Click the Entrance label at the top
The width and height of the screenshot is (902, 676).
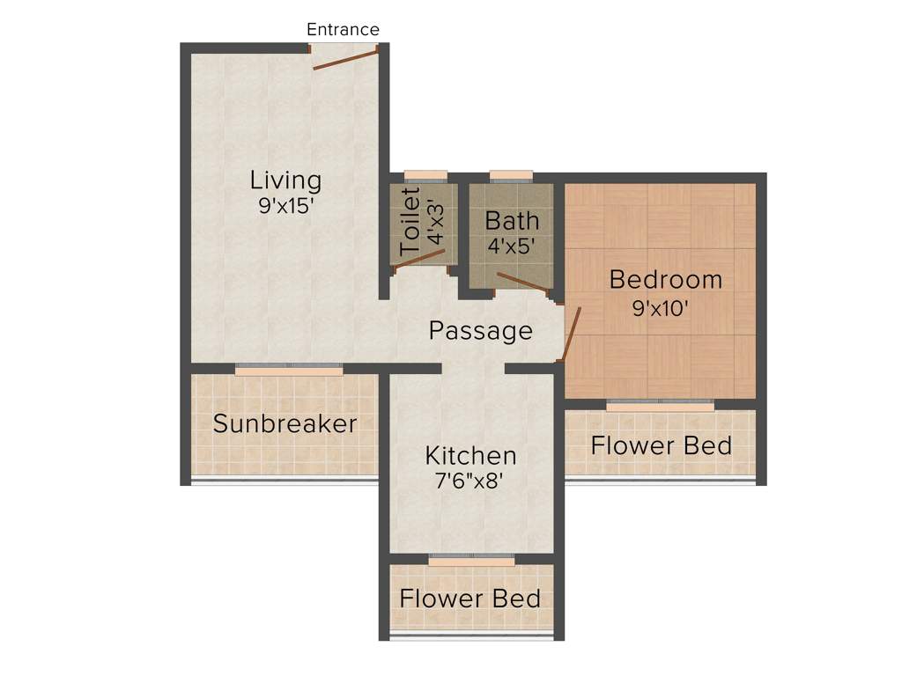[x=343, y=29]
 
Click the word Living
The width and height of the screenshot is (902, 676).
[x=285, y=180]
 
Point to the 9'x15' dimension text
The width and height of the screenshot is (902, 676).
[x=285, y=208]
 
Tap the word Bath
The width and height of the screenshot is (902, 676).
[x=512, y=219]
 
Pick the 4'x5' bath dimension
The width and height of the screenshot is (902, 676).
[x=512, y=245]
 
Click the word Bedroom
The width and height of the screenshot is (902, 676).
[x=665, y=280]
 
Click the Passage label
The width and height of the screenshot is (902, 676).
[x=480, y=331]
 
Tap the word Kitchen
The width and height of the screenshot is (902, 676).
[x=470, y=456]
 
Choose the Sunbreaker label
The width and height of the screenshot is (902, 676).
[x=285, y=423]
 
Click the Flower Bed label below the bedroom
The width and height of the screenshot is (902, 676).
[x=661, y=445]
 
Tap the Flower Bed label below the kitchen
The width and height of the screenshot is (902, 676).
[x=469, y=599]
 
